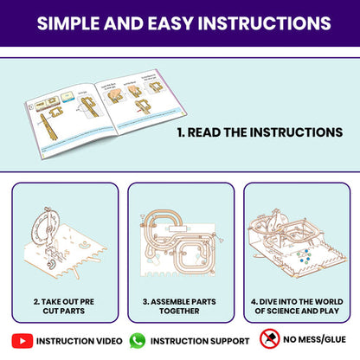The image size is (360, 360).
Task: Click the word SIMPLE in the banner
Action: [68, 23]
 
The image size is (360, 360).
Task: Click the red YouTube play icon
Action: [22, 341]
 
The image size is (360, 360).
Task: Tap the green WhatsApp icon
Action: [138, 341]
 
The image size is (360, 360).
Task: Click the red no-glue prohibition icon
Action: [270, 338]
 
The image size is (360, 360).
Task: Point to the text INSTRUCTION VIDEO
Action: [80, 341]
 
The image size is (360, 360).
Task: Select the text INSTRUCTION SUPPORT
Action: [200, 341]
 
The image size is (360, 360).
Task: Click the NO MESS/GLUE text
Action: [315, 339]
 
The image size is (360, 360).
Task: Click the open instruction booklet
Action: [106, 113]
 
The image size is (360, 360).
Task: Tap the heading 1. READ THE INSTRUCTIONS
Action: [260, 132]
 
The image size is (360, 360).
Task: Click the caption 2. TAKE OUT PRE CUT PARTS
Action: [64, 306]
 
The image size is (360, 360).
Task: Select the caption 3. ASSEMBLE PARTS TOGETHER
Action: [179, 306]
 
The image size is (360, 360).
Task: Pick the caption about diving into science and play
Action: [297, 306]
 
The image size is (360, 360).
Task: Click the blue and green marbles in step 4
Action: [304, 256]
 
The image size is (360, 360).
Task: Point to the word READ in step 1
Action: [204, 132]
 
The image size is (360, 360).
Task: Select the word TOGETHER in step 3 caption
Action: [179, 311]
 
